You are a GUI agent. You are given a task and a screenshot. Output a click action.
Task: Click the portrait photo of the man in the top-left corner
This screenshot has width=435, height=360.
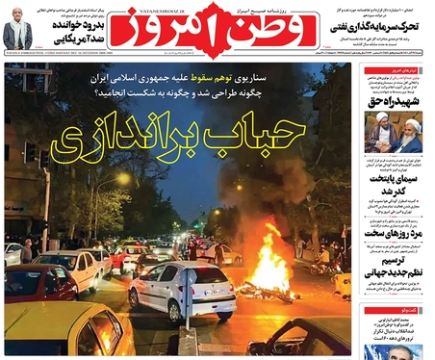[16, 29]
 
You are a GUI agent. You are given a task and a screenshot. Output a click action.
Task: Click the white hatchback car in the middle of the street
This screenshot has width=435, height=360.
[182, 290]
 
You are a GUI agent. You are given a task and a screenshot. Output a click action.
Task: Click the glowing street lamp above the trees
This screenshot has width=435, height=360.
[126, 178]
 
